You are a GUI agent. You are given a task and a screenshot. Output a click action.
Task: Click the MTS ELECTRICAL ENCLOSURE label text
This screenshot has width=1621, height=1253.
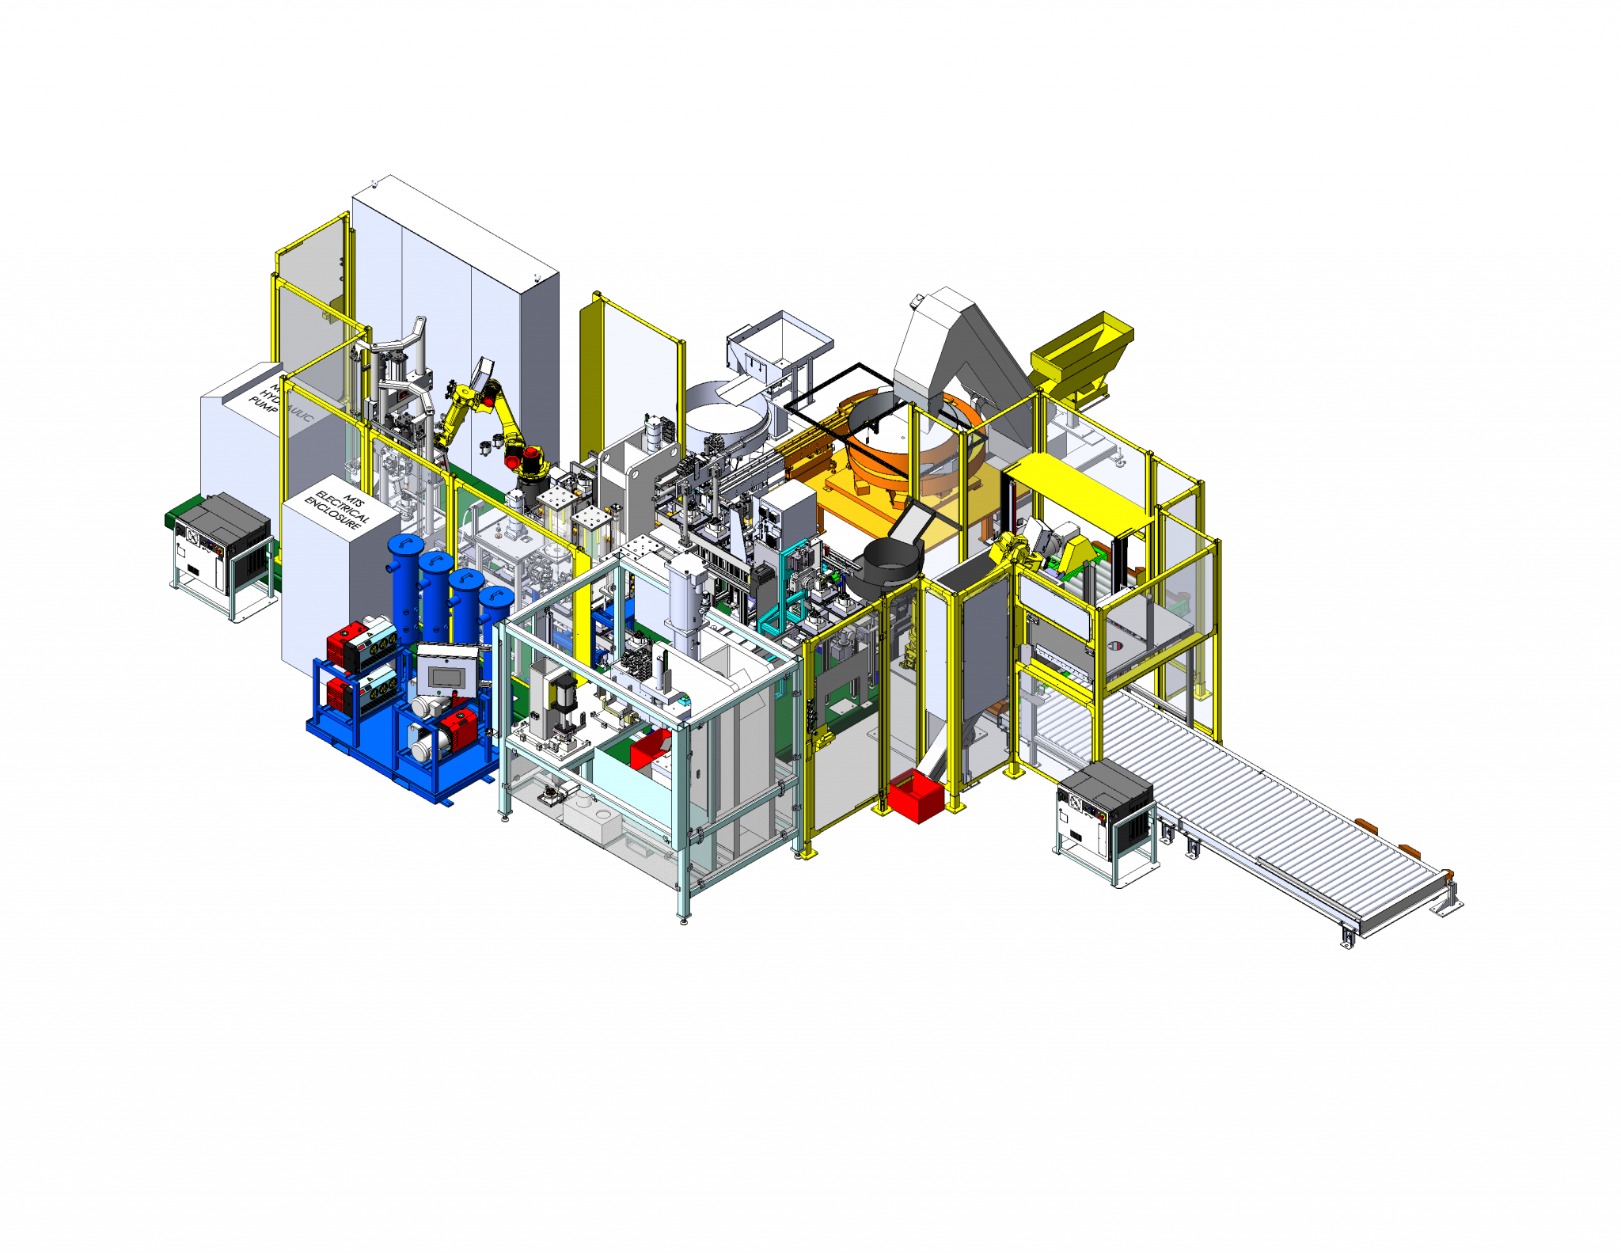[x=339, y=510]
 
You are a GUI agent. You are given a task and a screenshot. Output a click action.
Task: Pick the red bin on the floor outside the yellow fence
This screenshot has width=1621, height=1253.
[x=914, y=796]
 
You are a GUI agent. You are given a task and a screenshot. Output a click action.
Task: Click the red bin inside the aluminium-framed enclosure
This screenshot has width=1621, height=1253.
[x=651, y=748]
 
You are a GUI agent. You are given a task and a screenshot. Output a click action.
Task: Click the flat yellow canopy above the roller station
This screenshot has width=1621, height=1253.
[x=1076, y=491]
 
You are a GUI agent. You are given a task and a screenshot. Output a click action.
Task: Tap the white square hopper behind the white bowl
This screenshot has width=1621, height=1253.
[x=780, y=340]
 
